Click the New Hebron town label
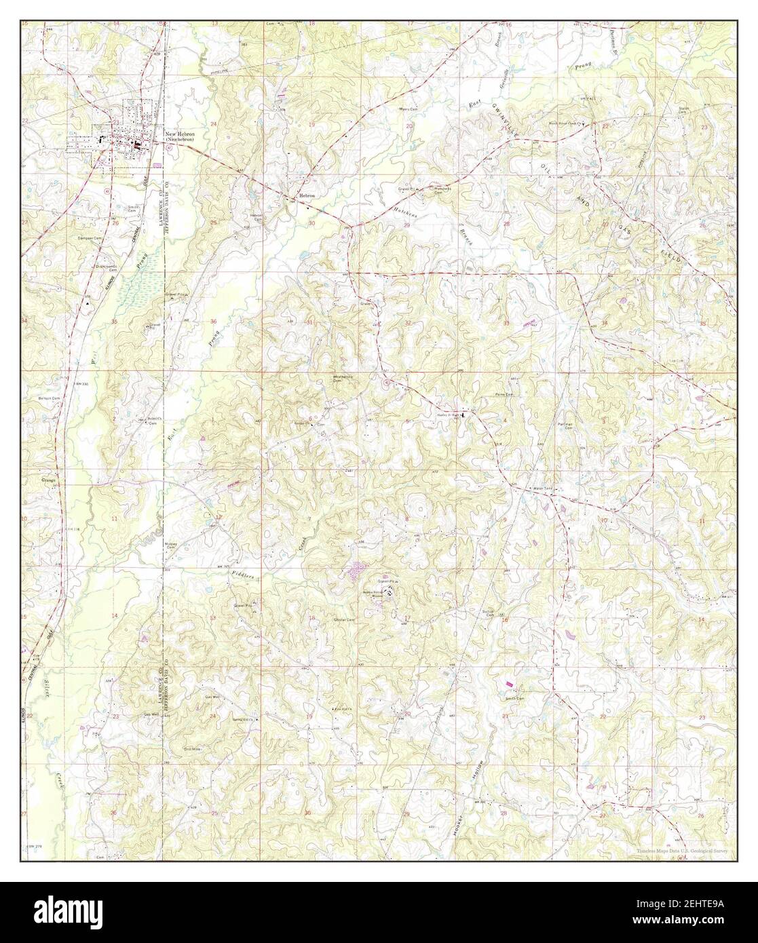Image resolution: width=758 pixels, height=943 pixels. point(180,134)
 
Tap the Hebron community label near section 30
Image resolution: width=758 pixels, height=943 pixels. point(305,196)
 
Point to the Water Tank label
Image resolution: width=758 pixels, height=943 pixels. point(544,488)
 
